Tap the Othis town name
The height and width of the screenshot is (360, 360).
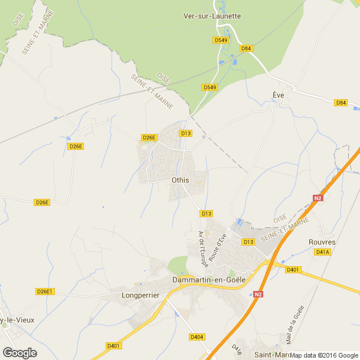[180, 179]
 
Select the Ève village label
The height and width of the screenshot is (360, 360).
[279, 94]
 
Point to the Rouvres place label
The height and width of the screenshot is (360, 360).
[322, 242]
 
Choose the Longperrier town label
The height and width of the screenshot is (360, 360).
[140, 294]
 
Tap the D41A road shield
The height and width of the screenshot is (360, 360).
[322, 252]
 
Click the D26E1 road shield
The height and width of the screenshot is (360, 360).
[45, 292]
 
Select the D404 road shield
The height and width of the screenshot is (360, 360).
[197, 337]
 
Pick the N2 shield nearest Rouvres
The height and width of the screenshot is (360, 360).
[318, 198]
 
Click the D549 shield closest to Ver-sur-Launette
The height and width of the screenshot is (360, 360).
[220, 40]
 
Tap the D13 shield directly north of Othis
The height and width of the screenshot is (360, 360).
[186, 133]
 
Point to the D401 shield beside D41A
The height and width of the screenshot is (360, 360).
[293, 270]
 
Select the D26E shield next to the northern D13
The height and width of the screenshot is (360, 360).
[149, 138]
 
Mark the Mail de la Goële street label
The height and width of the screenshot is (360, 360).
[294, 324]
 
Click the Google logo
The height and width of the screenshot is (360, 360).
[19, 353]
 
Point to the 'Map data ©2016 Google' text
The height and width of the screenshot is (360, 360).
[324, 355]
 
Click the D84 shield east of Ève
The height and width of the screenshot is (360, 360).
[341, 103]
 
